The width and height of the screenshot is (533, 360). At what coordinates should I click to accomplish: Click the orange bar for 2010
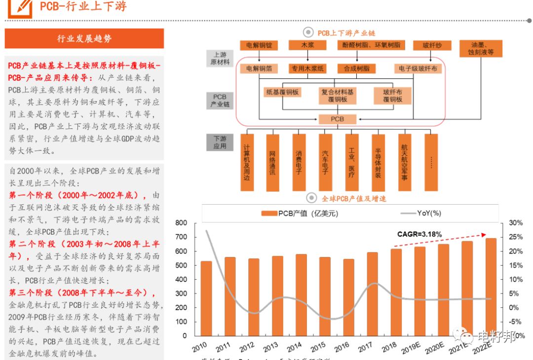point(206,298)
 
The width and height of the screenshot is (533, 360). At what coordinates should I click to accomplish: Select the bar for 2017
point(372,294)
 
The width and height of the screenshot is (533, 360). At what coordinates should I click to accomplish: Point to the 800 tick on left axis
point(181,223)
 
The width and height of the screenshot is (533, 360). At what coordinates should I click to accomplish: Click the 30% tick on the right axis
point(516,223)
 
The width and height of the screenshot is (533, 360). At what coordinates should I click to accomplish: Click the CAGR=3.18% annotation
point(419,234)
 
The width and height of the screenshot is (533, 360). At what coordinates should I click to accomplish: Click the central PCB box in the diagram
point(338,119)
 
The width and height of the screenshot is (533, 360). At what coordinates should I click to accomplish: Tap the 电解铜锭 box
point(259,45)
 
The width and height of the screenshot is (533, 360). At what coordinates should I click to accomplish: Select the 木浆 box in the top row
point(308,45)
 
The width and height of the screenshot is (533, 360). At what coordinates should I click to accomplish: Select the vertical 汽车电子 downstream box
point(325,162)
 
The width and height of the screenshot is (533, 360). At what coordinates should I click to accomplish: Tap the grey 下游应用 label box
point(220,143)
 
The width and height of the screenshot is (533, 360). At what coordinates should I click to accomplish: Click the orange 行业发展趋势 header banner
point(84,38)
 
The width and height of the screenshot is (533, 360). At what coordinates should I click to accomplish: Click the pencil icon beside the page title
point(23,6)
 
